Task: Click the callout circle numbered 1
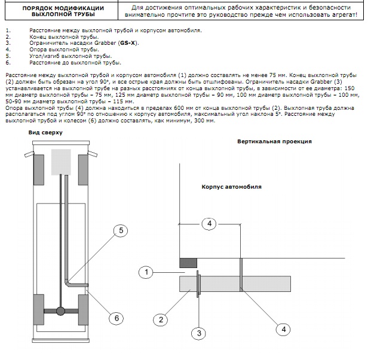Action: (x=146, y=272)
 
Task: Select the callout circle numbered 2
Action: (x=161, y=319)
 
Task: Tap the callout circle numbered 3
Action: (x=199, y=333)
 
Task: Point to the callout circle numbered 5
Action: (x=121, y=230)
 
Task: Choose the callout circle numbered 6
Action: (x=117, y=318)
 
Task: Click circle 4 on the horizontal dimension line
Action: (x=210, y=223)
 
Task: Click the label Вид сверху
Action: (x=45, y=133)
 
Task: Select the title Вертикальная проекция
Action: (x=274, y=141)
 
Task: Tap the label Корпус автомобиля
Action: (x=232, y=187)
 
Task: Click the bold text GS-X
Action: (x=128, y=43)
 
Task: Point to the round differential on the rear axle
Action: (x=60, y=311)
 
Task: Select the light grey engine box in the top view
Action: (x=61, y=162)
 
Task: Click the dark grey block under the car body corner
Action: (x=188, y=263)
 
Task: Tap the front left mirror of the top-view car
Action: (x=29, y=154)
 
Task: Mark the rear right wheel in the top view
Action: (x=83, y=309)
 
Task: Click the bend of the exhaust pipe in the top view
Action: (x=68, y=284)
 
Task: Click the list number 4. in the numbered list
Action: (x=8, y=50)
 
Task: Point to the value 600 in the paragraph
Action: (x=178, y=107)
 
